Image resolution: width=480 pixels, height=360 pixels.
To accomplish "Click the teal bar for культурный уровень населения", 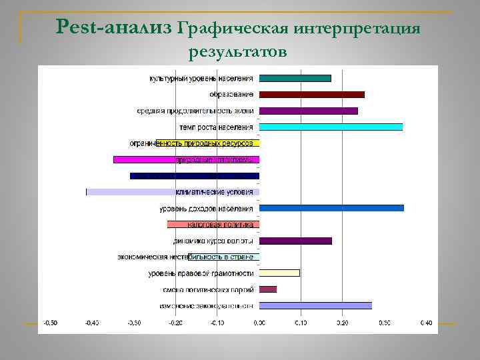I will pyautogui.click(x=295, y=78).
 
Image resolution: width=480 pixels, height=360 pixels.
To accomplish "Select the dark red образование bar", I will pyautogui.click(x=311, y=95).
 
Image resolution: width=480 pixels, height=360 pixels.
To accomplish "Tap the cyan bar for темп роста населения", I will pyautogui.click(x=331, y=127).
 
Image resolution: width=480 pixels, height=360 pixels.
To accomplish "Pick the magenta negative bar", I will pyautogui.click(x=186, y=160).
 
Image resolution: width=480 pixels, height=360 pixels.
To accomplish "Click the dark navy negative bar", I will pyautogui.click(x=194, y=176).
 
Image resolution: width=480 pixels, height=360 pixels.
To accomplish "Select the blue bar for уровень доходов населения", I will pyautogui.click(x=331, y=208).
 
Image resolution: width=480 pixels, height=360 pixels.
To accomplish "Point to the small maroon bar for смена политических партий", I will pyautogui.click(x=267, y=289).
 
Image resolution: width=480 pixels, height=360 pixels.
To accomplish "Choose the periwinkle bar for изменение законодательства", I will pyautogui.click(x=315, y=305).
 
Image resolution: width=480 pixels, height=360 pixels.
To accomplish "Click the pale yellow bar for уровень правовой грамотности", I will pyautogui.click(x=279, y=273).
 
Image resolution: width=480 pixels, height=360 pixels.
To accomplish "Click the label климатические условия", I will pyautogui.click(x=214, y=192).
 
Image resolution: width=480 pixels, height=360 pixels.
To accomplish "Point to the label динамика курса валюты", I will pyautogui.click(x=213, y=241).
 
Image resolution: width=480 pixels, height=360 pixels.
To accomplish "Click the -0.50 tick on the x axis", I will pyautogui.click(x=51, y=323).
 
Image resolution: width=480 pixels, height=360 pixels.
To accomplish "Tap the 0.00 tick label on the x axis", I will pyautogui.click(x=259, y=323).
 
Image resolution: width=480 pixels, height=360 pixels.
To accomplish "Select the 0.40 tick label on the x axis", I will pyautogui.click(x=426, y=323).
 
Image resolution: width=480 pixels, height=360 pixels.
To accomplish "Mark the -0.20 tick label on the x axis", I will pyautogui.click(x=175, y=323).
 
